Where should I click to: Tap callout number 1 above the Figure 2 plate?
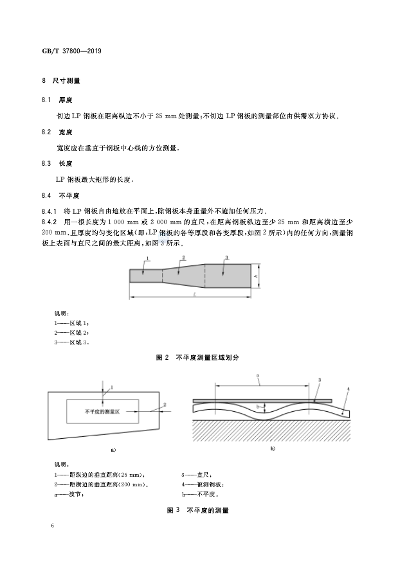tap(147, 259)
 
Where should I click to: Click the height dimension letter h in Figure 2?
tap(257, 277)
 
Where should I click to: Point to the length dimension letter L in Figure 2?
tap(195, 294)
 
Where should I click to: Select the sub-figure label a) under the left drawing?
tap(113, 450)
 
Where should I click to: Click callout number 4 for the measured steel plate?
tap(349, 389)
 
